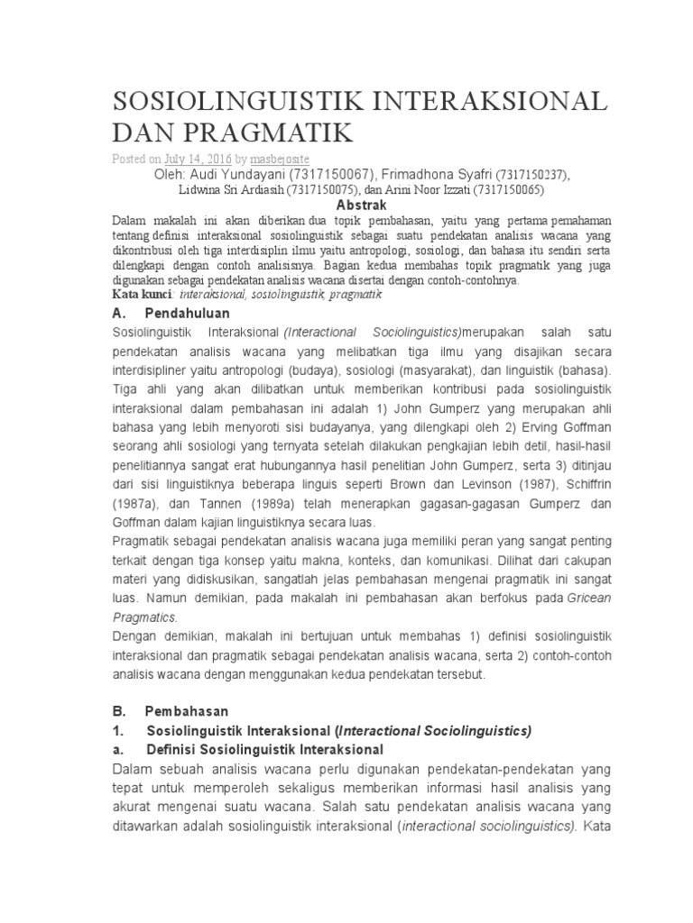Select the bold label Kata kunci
[143, 294]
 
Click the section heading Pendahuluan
[187, 313]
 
